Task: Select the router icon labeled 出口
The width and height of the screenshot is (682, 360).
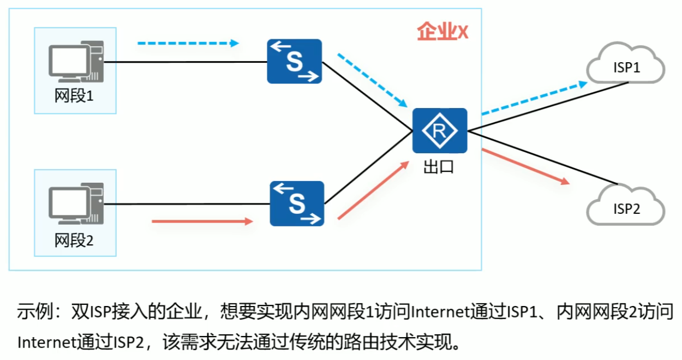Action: pos(440,131)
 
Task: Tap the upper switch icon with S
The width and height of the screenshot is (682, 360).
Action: pos(294,61)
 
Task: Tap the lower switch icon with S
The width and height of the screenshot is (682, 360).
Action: pos(297,203)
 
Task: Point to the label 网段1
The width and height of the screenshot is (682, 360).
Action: pos(74,97)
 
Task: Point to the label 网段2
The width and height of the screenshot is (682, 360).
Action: pos(74,239)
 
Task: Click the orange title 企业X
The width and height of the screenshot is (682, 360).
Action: pos(442,32)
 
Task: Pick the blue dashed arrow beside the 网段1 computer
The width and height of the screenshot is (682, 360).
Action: pos(188,43)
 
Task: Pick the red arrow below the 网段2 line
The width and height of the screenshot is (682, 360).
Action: pos(202,221)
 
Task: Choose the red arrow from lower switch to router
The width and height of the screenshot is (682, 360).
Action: pos(373,190)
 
